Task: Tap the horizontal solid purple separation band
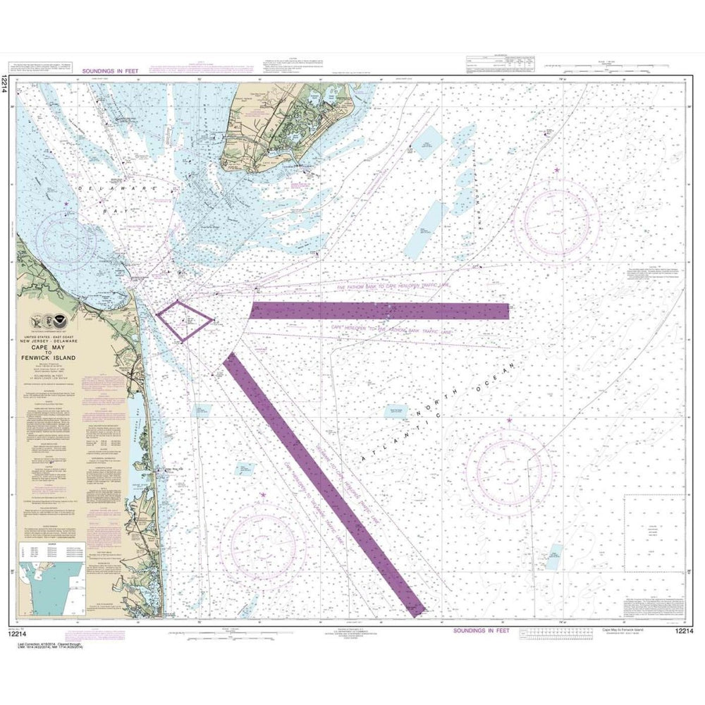click(381, 311)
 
